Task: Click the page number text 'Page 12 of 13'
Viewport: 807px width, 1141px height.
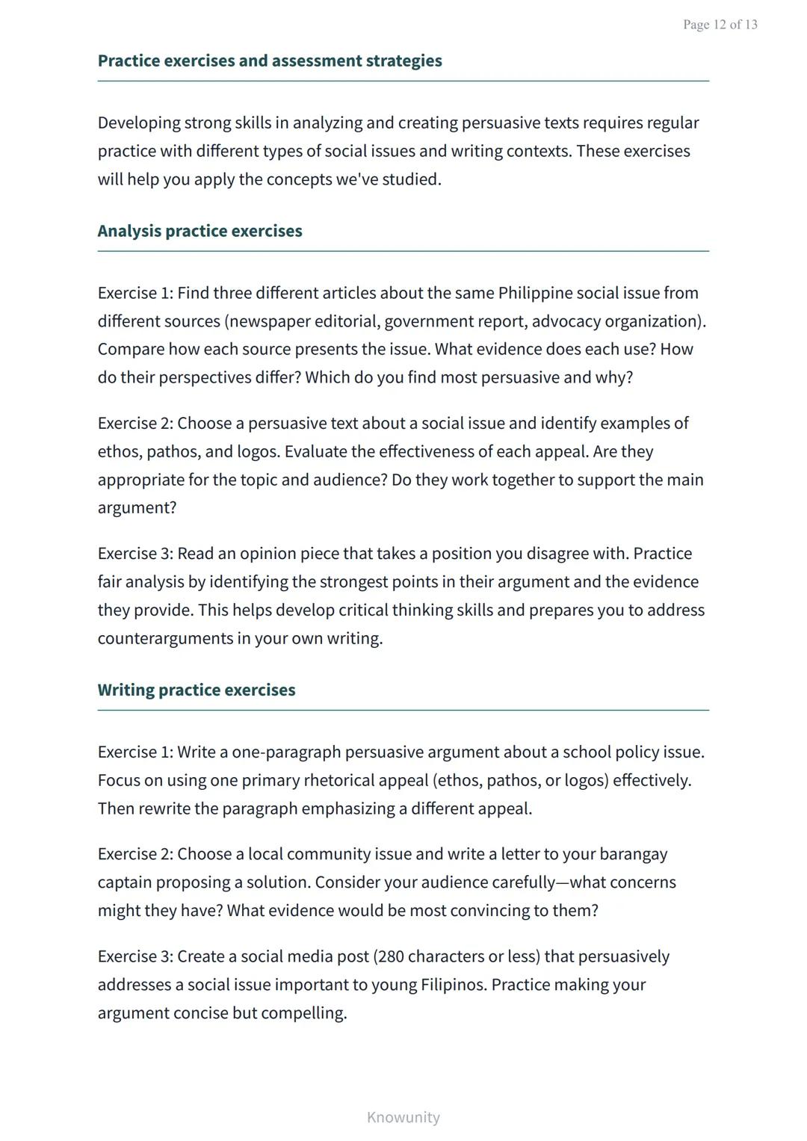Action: click(x=720, y=25)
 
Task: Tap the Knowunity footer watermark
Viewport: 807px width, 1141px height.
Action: click(x=403, y=1117)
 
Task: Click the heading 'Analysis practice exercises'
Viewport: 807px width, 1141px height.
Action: click(x=200, y=231)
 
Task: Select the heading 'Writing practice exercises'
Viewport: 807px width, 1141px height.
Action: click(x=197, y=690)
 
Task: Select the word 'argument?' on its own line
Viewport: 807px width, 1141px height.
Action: click(x=137, y=508)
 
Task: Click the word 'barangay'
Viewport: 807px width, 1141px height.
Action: click(x=633, y=854)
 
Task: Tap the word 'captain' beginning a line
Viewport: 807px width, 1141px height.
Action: click(x=124, y=882)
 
